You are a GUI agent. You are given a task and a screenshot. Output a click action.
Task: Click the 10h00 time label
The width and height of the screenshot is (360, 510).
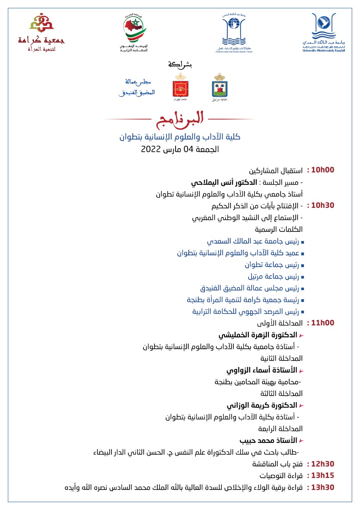point(323,170)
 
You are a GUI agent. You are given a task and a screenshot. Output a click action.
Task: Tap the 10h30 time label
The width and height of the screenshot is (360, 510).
point(323,206)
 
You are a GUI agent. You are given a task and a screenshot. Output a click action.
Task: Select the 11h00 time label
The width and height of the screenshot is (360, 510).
point(323,323)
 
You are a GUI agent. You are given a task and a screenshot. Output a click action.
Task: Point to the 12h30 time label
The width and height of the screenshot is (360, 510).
point(323,464)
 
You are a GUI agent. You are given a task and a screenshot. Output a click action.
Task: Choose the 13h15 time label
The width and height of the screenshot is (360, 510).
point(323,475)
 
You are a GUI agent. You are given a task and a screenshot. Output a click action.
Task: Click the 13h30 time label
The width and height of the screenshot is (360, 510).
point(323,487)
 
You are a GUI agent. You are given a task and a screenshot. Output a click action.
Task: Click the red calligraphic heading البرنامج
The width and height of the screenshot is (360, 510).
point(180,118)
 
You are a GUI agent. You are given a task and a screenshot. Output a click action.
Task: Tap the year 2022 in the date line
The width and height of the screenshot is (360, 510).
point(151,150)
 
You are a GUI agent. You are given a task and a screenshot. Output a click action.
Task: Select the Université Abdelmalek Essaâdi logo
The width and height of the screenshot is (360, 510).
point(323,33)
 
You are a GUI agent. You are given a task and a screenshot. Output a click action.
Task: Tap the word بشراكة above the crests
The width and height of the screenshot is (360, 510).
point(180,64)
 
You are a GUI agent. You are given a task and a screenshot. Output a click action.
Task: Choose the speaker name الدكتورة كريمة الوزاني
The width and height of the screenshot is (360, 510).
point(262,406)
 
